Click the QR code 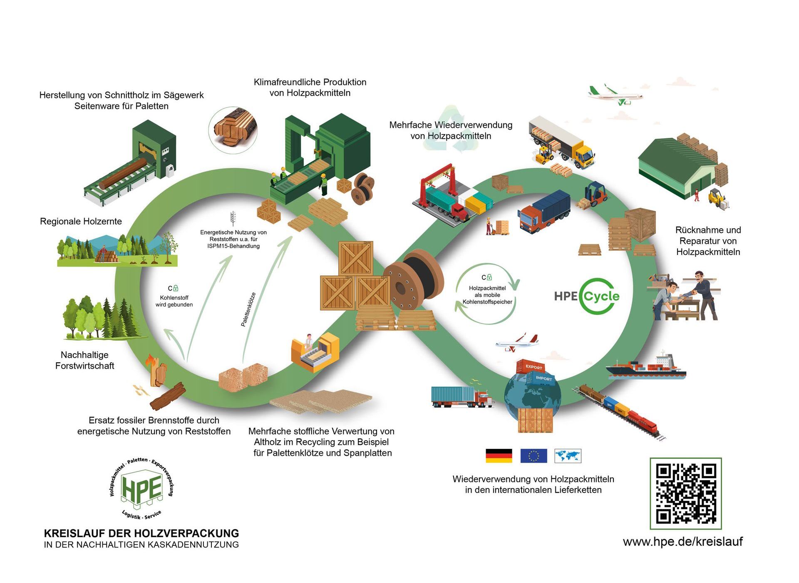point(685,493)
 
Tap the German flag point(499,456)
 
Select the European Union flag point(533,456)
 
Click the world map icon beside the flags point(568,456)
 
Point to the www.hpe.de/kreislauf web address point(682,541)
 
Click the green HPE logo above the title point(141,488)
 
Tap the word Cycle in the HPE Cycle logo point(601,296)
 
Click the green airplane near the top point(615,95)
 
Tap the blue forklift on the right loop point(596,194)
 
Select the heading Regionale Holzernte point(81,221)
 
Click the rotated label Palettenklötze point(248,309)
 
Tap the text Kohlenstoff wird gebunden point(174,301)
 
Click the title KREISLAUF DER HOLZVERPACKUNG point(141,533)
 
